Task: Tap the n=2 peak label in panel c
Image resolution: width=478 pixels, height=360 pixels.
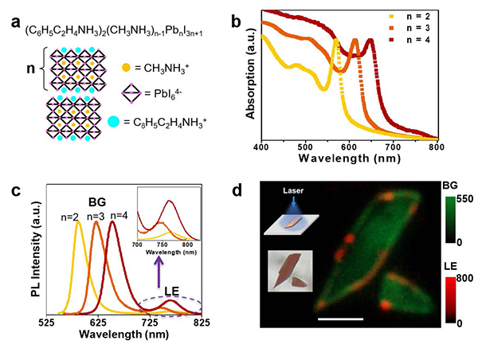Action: tap(70, 213)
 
